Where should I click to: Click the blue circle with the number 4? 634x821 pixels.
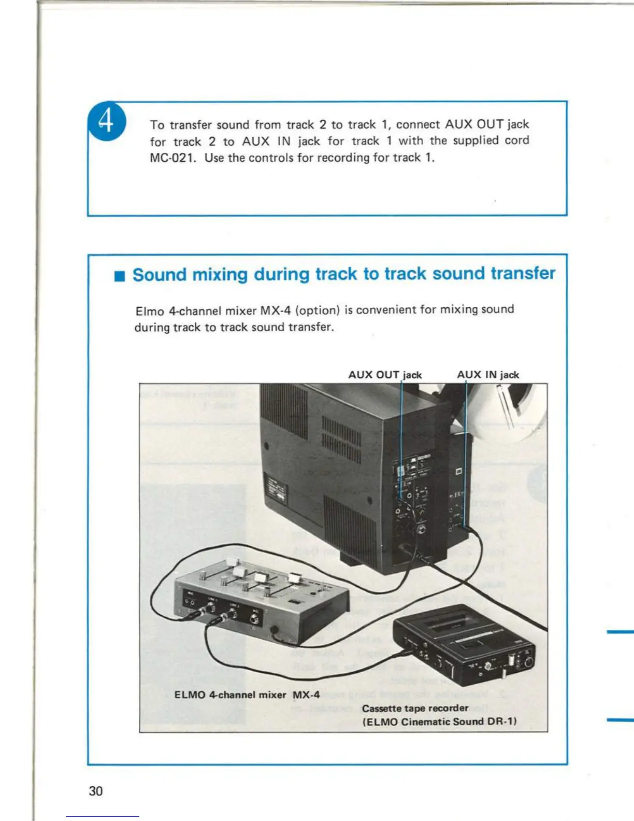[x=107, y=121]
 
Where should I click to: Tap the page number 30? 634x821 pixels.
[x=96, y=790]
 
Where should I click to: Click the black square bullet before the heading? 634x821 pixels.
[x=120, y=276]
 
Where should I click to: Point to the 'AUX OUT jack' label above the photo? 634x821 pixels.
[x=385, y=374]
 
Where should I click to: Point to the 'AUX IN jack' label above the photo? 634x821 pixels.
[x=488, y=374]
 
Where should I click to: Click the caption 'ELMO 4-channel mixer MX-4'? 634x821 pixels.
[x=247, y=695]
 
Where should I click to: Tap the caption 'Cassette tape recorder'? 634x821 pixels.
[x=415, y=708]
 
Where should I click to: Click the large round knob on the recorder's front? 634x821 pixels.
[x=528, y=662]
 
